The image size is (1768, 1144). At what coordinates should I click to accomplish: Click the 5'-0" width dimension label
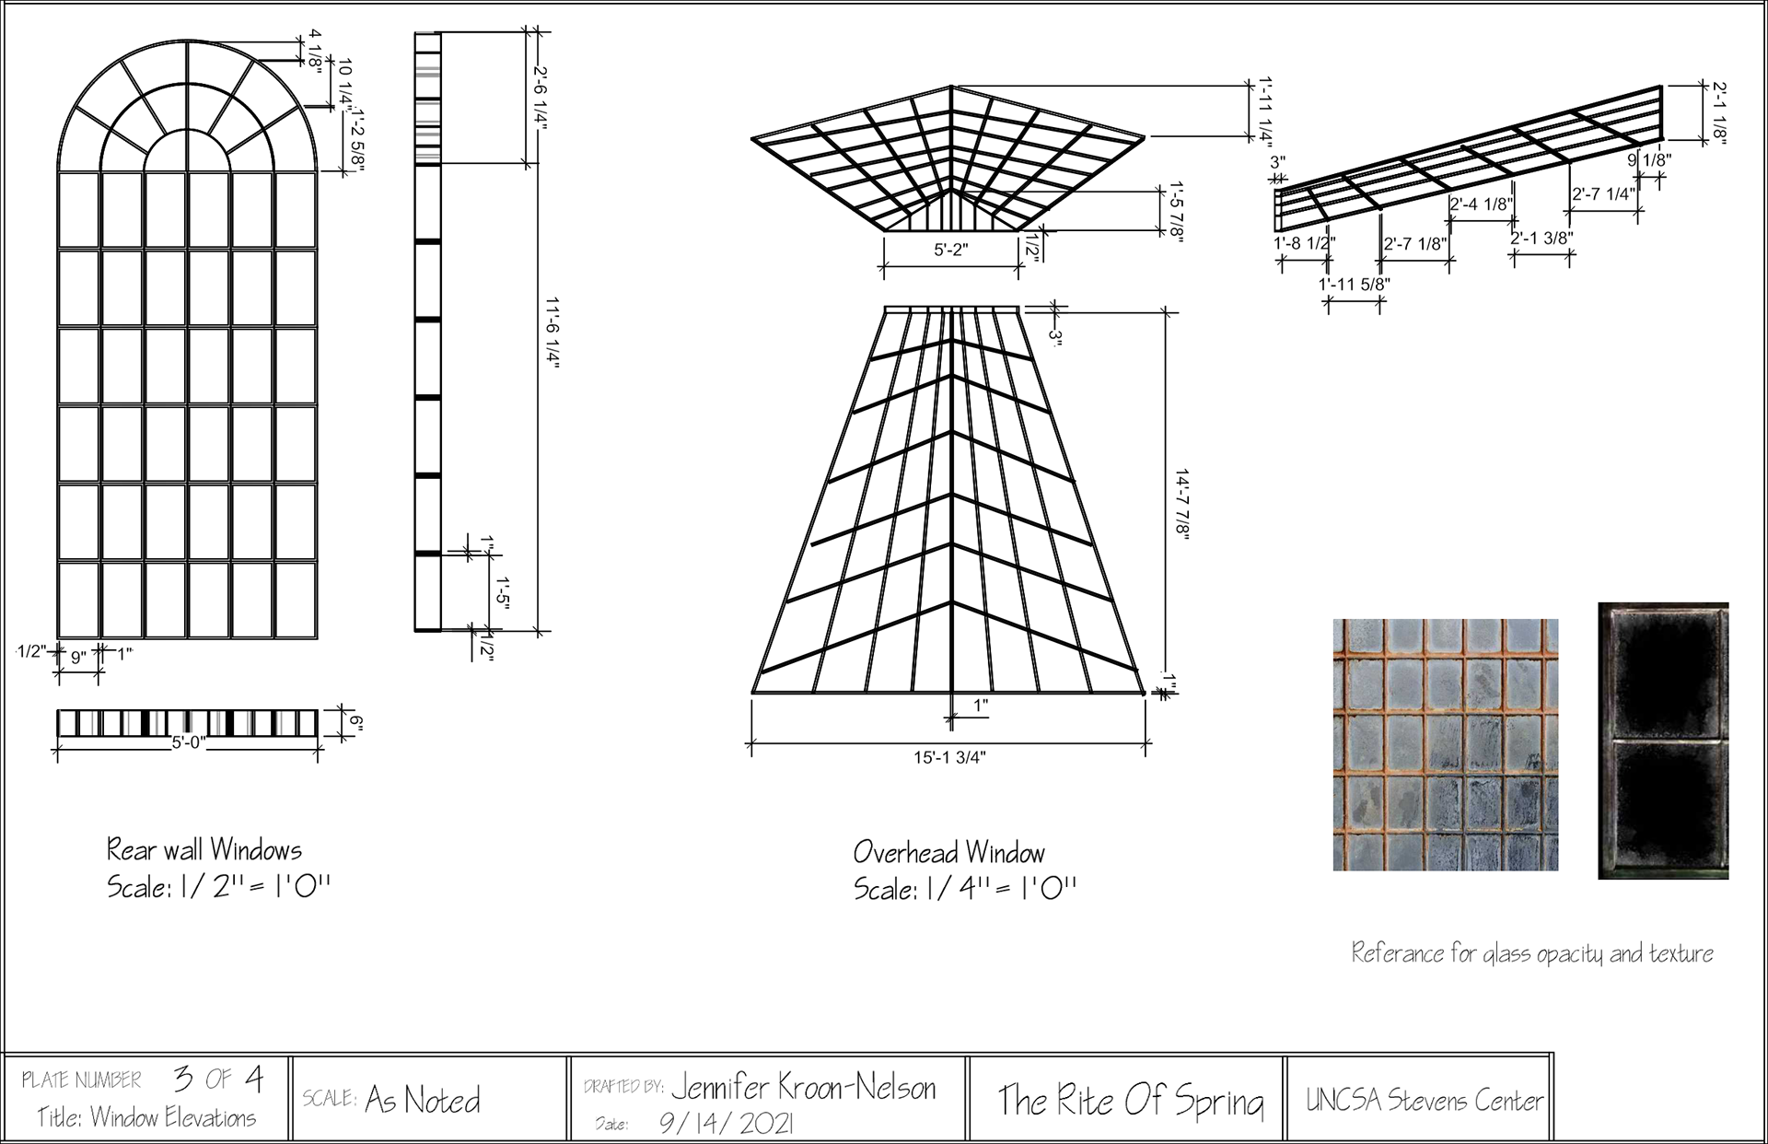pos(188,742)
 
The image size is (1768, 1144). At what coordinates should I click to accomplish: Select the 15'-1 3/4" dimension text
pos(949,757)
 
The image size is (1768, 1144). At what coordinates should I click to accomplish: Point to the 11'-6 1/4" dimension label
pos(552,332)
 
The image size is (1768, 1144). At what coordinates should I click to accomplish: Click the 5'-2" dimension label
pos(951,250)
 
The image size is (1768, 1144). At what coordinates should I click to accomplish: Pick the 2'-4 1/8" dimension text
pos(1481,204)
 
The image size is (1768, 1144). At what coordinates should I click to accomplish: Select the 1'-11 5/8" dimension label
pos(1354,285)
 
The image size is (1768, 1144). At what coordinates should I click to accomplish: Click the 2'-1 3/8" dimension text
pos(1541,238)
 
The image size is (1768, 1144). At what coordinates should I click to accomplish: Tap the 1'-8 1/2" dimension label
pos(1304,243)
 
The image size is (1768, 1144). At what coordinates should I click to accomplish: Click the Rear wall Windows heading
pos(204,848)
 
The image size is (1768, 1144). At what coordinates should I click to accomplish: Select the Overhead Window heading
pos(949,852)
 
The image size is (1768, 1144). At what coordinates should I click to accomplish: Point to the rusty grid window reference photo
pos(1445,744)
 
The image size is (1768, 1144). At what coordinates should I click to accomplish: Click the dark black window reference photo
pos(1663,741)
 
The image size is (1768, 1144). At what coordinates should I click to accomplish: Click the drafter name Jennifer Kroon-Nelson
pos(803,1089)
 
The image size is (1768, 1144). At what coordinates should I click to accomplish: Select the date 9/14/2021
pos(727,1123)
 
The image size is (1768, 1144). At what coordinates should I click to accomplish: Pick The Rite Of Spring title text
pos(1131,1101)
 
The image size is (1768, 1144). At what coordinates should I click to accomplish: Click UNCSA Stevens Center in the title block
pos(1424,1101)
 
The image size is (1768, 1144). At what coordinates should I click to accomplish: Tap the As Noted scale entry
pos(423,1100)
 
